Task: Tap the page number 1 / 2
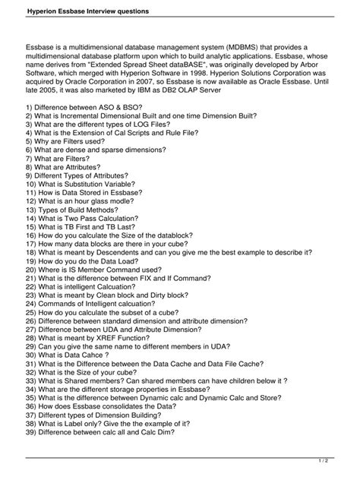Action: [x=343, y=459]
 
